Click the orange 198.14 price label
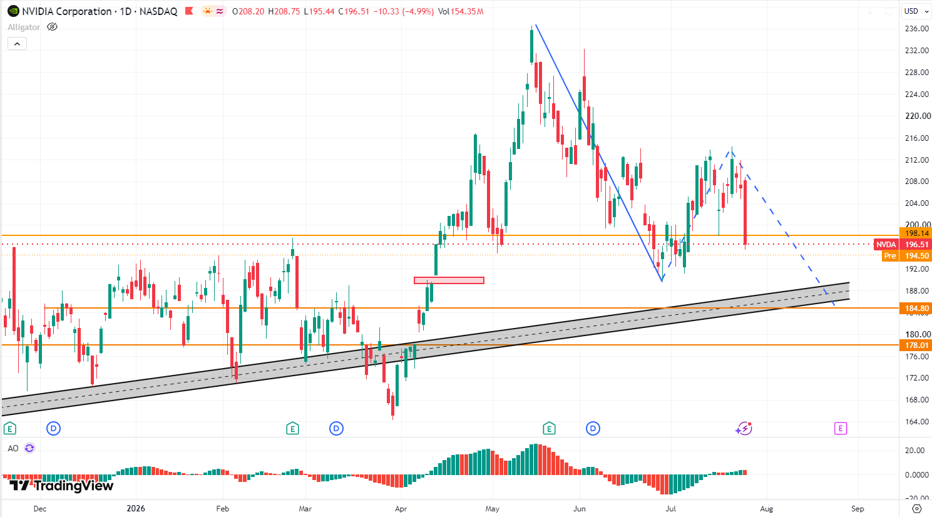(x=915, y=233)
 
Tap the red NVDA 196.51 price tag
(x=903, y=245)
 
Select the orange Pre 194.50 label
(x=906, y=256)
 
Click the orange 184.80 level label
(x=915, y=308)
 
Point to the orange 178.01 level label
(x=915, y=346)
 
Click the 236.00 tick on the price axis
(x=916, y=29)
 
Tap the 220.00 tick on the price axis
(x=917, y=116)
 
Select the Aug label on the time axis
(x=766, y=509)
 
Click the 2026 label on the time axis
(x=136, y=509)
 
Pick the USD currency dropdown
(x=916, y=11)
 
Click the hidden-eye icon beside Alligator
(x=52, y=27)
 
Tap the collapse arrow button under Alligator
(x=17, y=44)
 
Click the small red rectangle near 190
(x=449, y=280)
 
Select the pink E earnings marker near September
(x=841, y=428)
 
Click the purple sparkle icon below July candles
(x=744, y=428)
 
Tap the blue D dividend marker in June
(x=593, y=428)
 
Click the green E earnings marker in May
(x=549, y=428)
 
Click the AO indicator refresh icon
(x=29, y=448)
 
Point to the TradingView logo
(x=61, y=485)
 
